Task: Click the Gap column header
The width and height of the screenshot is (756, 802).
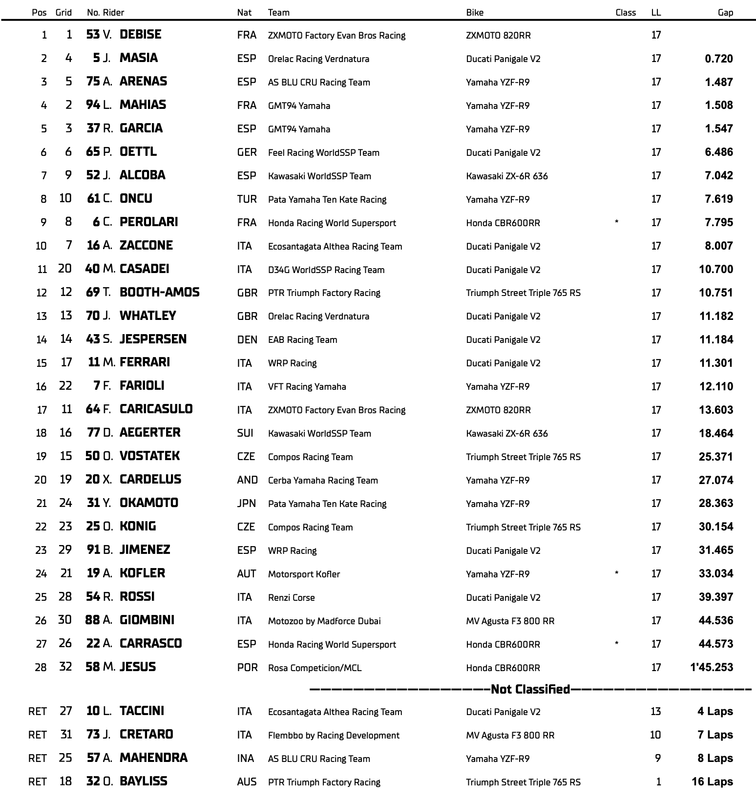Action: (725, 13)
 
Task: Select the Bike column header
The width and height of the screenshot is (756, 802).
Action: (474, 13)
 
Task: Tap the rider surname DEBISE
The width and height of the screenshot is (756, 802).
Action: (140, 35)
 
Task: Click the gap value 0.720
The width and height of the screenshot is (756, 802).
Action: (718, 59)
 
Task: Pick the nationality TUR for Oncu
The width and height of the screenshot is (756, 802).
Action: (247, 199)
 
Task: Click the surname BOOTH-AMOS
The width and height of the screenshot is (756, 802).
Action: (159, 293)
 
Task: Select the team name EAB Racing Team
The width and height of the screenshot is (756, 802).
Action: (302, 340)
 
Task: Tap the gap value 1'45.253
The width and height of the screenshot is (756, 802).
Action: (712, 667)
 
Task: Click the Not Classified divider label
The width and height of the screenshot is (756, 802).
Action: (530, 689)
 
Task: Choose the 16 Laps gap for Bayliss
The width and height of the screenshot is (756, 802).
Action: (712, 781)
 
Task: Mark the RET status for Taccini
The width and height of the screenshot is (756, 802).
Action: (38, 712)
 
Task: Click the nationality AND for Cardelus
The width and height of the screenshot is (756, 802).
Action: (247, 480)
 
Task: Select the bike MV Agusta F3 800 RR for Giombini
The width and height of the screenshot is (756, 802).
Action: (510, 621)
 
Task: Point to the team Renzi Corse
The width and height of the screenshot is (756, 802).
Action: (291, 597)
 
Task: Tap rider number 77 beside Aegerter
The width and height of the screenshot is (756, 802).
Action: (93, 433)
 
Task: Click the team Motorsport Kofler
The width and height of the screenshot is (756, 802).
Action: (304, 574)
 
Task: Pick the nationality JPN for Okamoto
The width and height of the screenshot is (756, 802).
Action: (247, 504)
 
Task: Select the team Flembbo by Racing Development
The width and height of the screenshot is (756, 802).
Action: (334, 736)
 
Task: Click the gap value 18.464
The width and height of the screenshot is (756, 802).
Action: (715, 433)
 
